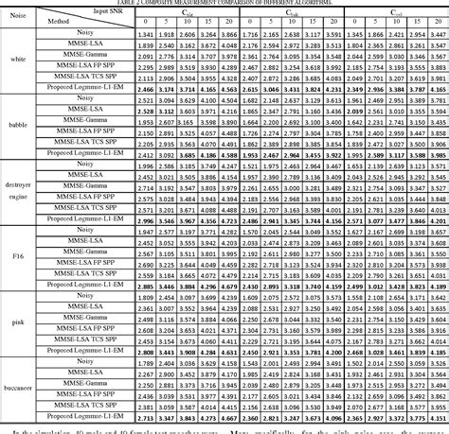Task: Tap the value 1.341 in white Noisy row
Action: tap(145, 33)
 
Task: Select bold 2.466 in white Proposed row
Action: tap(145, 86)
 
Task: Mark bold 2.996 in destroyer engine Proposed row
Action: tap(145, 218)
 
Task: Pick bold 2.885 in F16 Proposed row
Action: tap(145, 285)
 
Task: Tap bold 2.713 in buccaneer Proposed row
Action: tap(145, 416)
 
